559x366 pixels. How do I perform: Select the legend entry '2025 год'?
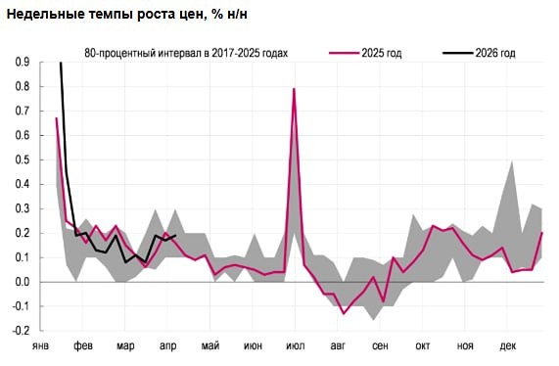pos(382,52)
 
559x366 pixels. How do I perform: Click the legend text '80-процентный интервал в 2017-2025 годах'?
pos(186,52)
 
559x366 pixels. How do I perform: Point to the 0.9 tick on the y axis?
pos(22,62)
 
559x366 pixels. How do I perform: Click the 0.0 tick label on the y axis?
pos(22,282)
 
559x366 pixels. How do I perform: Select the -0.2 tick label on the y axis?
pos(20,331)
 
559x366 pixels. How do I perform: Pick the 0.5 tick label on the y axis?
pos(22,160)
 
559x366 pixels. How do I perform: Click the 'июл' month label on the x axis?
pos(295,346)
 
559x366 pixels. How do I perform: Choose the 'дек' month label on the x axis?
pos(508,346)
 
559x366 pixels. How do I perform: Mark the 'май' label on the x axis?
pos(210,346)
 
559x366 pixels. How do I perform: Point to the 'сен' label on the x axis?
pos(380,346)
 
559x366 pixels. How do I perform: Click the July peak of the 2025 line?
pos(294,89)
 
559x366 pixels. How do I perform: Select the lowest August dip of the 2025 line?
pos(344,313)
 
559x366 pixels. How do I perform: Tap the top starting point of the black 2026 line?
pos(61,63)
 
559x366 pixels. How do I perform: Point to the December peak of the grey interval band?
pos(512,160)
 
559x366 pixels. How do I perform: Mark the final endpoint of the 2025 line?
pos(542,233)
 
